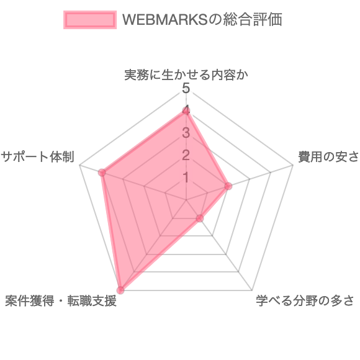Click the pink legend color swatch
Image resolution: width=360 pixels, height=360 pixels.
[90, 20]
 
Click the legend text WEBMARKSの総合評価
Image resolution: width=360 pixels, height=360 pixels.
[202, 20]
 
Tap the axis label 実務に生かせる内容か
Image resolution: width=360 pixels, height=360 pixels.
[186, 75]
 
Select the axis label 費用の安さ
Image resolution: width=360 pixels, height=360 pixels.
[328, 157]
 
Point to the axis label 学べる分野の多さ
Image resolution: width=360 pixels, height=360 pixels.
[305, 301]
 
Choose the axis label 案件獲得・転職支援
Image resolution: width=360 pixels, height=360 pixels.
[61, 301]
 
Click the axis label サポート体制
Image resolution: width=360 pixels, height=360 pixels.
[38, 157]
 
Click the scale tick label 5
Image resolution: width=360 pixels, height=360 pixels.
[186, 88]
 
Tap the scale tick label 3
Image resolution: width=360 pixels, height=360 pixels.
[186, 133]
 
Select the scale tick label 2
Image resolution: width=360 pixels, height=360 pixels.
[186, 155]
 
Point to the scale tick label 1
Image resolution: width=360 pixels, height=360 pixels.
[186, 178]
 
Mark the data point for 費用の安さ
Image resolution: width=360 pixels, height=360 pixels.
[228, 186]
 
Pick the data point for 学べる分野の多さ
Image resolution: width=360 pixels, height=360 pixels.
[200, 218]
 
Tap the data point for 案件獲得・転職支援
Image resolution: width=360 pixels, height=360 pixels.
[120, 290]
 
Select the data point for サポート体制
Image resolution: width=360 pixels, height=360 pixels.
[102, 173]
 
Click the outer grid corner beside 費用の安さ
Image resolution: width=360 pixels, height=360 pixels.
[293, 165]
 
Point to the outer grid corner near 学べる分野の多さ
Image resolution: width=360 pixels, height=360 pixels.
[252, 290]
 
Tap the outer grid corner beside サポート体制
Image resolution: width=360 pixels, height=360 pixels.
[79, 165]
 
